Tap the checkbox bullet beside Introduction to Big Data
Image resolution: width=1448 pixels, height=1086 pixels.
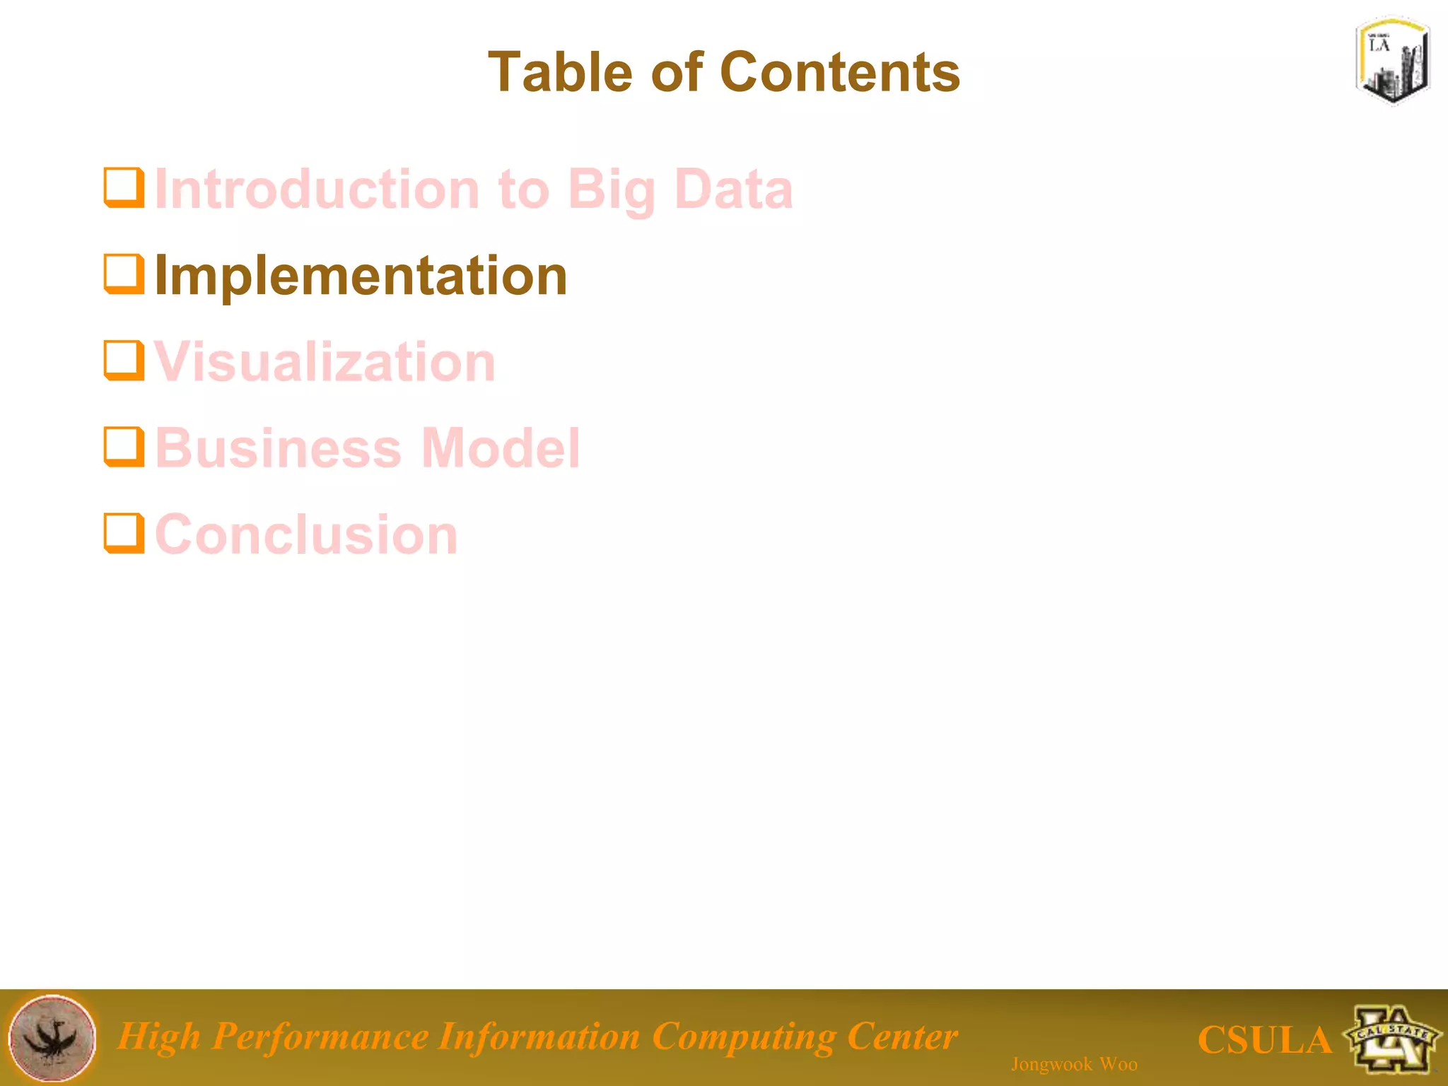(124, 187)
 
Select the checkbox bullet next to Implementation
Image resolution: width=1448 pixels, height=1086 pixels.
(124, 274)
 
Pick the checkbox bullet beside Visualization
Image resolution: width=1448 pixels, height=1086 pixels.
(124, 361)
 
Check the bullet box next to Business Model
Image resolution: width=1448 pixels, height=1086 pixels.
(124, 447)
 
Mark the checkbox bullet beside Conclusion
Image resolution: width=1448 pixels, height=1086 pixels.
(124, 533)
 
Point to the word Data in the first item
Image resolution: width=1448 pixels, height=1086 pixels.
(733, 189)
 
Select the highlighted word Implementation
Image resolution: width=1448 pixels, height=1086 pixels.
(361, 276)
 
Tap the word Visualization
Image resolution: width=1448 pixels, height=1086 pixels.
(325, 362)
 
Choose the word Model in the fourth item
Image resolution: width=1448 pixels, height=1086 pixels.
(501, 448)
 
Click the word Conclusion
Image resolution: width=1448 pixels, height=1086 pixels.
(306, 535)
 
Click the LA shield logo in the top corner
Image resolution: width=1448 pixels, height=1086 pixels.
(1392, 60)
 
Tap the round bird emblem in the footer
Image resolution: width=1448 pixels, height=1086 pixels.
(52, 1038)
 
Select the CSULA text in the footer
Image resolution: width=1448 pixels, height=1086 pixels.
(1264, 1040)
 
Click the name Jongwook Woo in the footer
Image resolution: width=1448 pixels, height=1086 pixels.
(1074, 1064)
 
